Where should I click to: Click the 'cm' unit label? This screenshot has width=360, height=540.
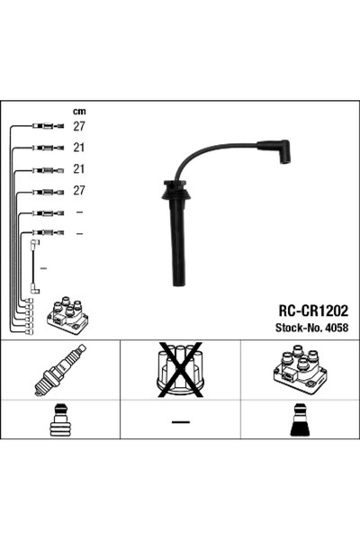coord(78,112)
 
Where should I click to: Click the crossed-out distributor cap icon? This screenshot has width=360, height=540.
coord(181,368)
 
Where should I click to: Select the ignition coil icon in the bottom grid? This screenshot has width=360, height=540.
coord(300,370)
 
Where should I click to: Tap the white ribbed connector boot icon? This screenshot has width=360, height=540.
coord(59,422)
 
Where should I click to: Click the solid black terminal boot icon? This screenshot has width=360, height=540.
coord(300,422)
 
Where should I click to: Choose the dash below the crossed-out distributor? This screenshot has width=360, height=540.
coord(180,423)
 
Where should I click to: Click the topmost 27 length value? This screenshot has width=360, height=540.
coord(78,127)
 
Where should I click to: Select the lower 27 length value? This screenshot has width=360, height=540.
coord(78,191)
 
